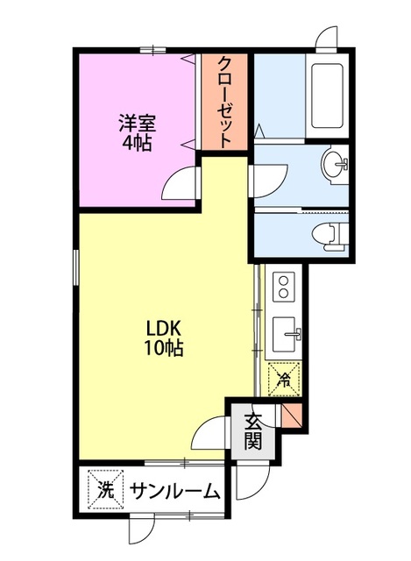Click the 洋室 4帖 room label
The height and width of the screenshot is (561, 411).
[x=137, y=132]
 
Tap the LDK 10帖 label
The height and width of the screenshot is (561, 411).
[x=163, y=337]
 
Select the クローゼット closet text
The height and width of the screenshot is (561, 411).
[x=224, y=102]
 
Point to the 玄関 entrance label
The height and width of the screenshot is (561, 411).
[x=253, y=432]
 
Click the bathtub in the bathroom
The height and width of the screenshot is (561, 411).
[x=327, y=96]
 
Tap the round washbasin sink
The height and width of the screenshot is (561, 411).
[x=335, y=164]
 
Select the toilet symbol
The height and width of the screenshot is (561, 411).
[x=330, y=235]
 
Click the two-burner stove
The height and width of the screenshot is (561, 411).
[x=284, y=287]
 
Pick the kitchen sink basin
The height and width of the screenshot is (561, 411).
[x=286, y=334]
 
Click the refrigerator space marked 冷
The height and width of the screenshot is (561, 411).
[x=284, y=380]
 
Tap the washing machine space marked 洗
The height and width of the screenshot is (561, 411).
[x=105, y=490]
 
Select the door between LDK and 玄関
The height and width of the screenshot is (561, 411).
[x=209, y=432]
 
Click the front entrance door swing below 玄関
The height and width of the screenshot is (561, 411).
[x=252, y=482]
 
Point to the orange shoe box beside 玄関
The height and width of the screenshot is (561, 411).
[x=292, y=415]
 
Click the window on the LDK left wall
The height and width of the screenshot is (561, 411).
[x=75, y=267]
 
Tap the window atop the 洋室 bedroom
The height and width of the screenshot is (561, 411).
[x=152, y=50]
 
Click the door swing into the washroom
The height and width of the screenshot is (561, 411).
[x=269, y=181]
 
